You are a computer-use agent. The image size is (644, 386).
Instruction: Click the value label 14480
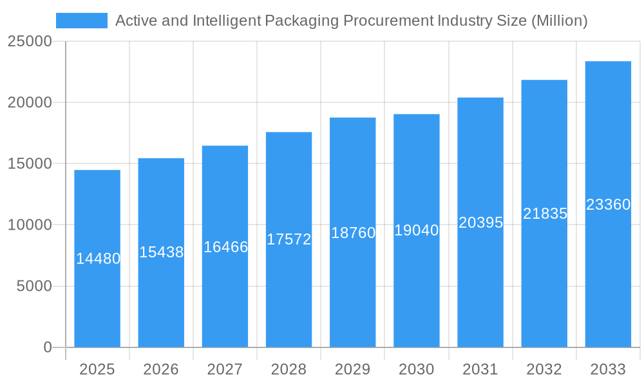point(98,259)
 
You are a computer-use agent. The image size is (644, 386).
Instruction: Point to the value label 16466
point(225,247)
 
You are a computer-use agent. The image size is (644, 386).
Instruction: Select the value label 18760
point(353,233)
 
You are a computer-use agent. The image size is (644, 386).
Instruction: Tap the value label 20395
point(480,223)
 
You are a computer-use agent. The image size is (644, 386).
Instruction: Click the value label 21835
point(545,214)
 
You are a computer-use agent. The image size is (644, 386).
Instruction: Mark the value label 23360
point(608,205)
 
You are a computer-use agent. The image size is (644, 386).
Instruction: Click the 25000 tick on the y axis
point(29,41)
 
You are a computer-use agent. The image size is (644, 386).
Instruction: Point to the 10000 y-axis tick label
point(29,225)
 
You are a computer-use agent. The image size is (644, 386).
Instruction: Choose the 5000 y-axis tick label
point(33,286)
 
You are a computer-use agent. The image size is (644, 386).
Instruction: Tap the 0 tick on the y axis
point(47,347)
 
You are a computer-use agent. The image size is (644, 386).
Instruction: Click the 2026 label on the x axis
point(161,369)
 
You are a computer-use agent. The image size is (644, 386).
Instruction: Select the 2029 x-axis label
point(353,369)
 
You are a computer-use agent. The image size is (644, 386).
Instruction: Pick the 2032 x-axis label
point(544,369)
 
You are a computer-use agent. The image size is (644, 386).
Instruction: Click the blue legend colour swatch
point(82,21)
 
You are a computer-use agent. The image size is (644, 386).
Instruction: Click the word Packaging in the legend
point(301,21)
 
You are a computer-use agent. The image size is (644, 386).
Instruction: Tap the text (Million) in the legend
point(559,21)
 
